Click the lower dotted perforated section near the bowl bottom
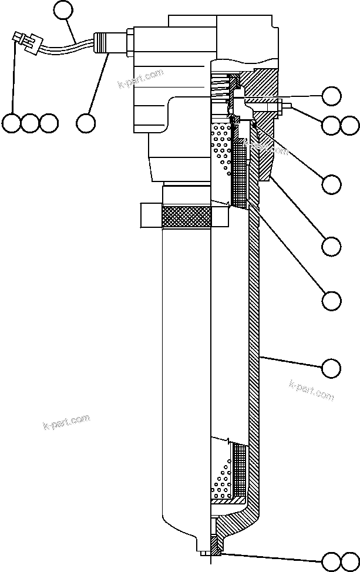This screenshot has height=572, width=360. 221,476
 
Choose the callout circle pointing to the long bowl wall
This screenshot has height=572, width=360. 331,368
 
